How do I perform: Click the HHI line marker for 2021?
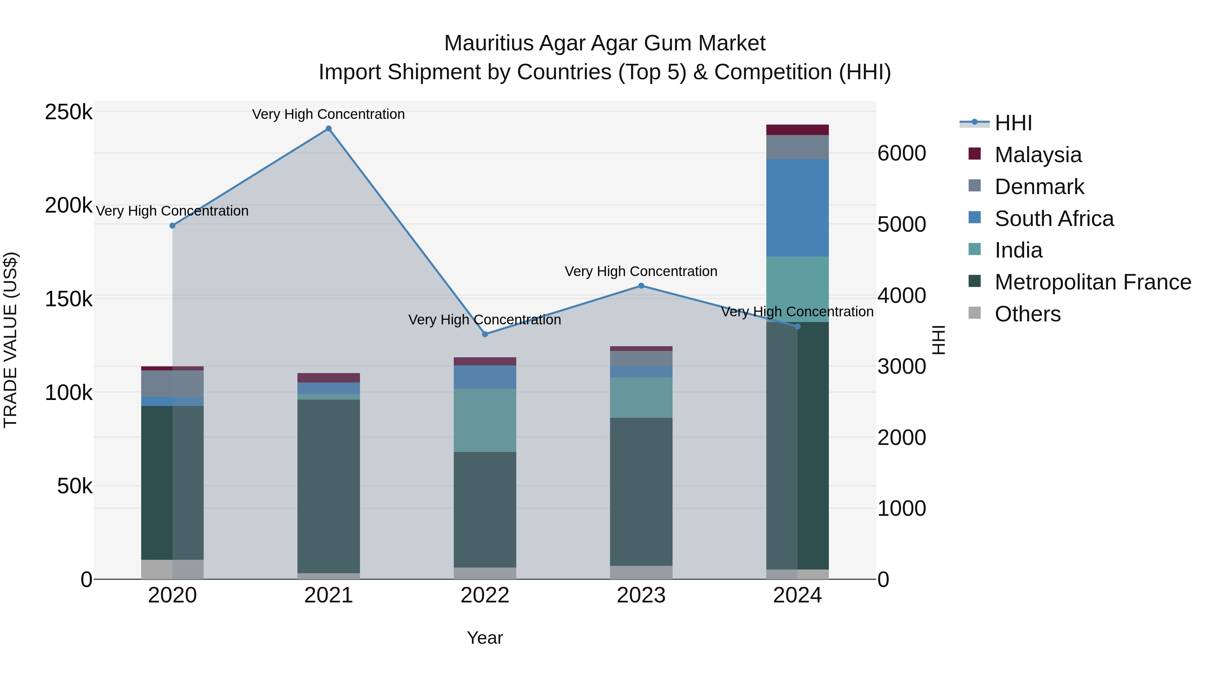click(328, 129)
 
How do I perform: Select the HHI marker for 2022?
click(485, 334)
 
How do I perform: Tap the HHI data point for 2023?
click(641, 286)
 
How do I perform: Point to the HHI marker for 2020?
click(172, 226)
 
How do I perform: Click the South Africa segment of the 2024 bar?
click(797, 208)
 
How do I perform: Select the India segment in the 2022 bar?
click(485, 420)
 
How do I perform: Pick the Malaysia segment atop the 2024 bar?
click(797, 130)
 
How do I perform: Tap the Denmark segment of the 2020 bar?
click(172, 383)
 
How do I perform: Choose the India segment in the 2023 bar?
click(641, 398)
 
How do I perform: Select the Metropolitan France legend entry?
click(1093, 282)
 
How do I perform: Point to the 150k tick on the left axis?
click(69, 299)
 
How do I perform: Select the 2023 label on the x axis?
click(641, 595)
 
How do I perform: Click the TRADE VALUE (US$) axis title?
click(10, 340)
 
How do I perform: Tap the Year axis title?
click(485, 638)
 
